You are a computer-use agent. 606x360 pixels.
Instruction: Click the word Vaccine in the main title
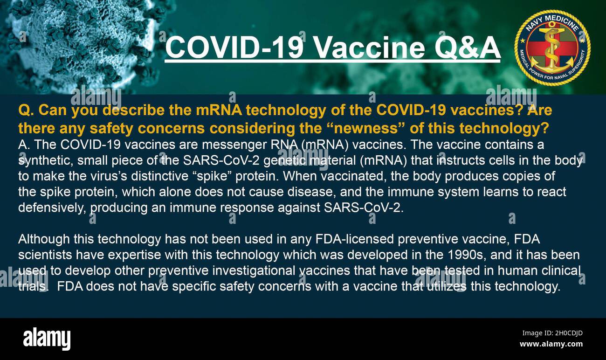click(370, 48)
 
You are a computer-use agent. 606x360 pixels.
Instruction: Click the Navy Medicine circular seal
click(552, 48)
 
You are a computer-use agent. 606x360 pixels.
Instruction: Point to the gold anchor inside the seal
click(552, 48)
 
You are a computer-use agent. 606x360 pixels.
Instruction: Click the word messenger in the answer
click(234, 145)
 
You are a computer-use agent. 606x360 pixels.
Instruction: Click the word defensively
click(52, 208)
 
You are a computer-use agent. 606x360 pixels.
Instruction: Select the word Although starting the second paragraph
click(44, 239)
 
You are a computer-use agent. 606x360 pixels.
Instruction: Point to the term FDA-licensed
click(354, 239)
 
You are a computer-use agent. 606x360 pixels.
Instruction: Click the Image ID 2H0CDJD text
click(552, 333)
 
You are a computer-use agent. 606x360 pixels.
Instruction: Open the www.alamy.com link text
click(551, 344)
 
